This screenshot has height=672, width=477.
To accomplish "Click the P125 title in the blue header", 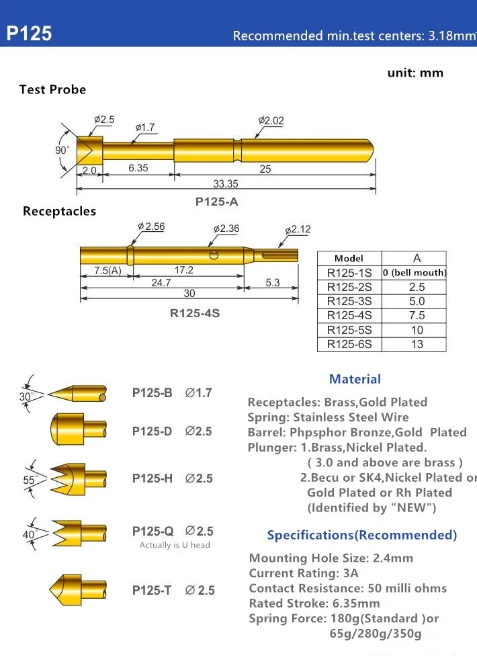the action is [30, 34].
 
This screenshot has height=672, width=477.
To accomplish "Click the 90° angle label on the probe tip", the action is [62, 151].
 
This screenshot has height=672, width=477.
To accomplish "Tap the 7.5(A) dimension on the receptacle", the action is [106, 270].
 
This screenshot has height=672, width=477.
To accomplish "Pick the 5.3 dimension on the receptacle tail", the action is [272, 283].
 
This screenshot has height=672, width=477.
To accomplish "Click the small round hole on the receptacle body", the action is [214, 255].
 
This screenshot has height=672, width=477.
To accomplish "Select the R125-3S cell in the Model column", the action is [349, 301].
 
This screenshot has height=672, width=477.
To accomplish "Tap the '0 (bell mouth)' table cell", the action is [415, 273].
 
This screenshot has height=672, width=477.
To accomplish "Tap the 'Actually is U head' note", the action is [175, 545].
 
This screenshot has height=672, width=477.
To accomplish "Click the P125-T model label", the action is [152, 591].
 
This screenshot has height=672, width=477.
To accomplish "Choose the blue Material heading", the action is [355, 379].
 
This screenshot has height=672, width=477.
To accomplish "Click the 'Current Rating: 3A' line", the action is [304, 573].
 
